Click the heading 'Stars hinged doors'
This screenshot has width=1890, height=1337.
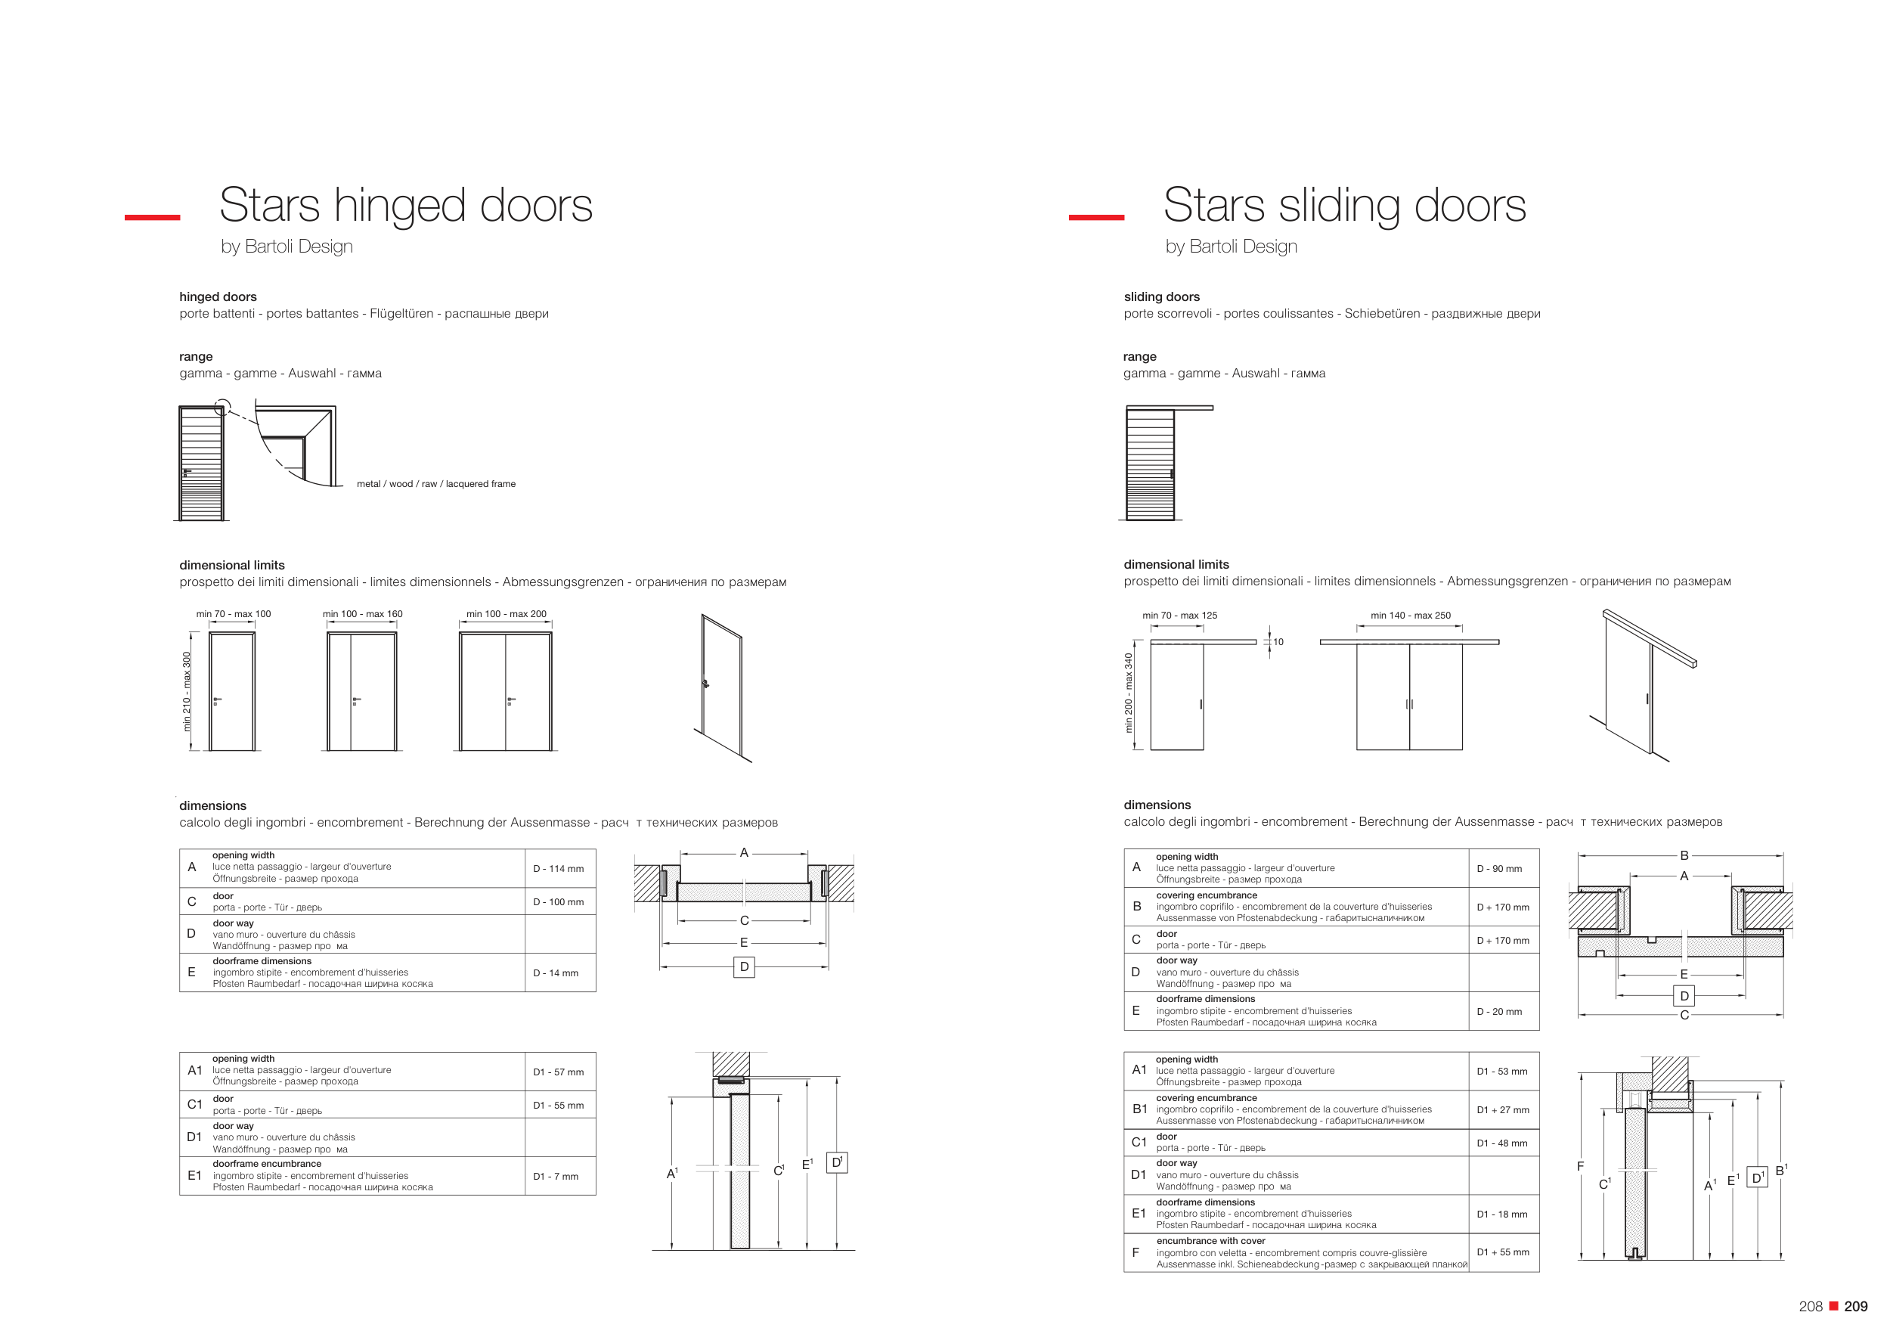pyautogui.click(x=406, y=205)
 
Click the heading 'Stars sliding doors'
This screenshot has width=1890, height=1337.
pyautogui.click(x=1344, y=205)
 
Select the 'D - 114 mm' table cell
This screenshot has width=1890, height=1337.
pyautogui.click(x=558, y=869)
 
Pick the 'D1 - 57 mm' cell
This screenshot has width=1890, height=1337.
pyautogui.click(x=558, y=1072)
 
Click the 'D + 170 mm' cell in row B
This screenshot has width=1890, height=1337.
pyautogui.click(x=1502, y=907)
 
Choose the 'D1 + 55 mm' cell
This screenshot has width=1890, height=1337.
pyautogui.click(x=1502, y=1252)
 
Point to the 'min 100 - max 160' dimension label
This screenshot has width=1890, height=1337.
pyautogui.click(x=362, y=614)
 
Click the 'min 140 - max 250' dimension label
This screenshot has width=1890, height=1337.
pyautogui.click(x=1410, y=615)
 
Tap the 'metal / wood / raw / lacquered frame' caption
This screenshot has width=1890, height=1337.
pyautogui.click(x=436, y=484)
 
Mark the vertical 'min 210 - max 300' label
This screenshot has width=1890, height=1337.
pyautogui.click(x=187, y=691)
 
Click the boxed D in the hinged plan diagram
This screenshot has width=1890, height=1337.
pyautogui.click(x=744, y=966)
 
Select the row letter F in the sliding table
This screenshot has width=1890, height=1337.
pyautogui.click(x=1136, y=1252)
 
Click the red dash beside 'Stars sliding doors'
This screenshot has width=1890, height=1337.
pyautogui.click(x=1095, y=217)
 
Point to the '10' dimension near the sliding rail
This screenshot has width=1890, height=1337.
pyautogui.click(x=1278, y=642)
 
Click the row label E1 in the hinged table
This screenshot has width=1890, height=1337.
pyautogui.click(x=194, y=1176)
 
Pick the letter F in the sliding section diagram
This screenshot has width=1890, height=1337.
pyautogui.click(x=1580, y=1166)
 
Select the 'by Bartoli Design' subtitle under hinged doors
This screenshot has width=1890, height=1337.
pyautogui.click(x=287, y=247)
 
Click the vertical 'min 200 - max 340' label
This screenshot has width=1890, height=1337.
pyautogui.click(x=1129, y=693)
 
